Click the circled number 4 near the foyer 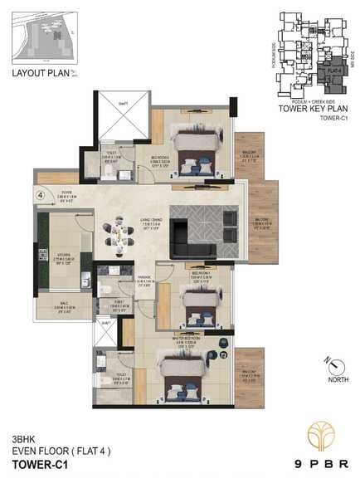tap(40, 196)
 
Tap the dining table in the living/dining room tap(118, 237)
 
